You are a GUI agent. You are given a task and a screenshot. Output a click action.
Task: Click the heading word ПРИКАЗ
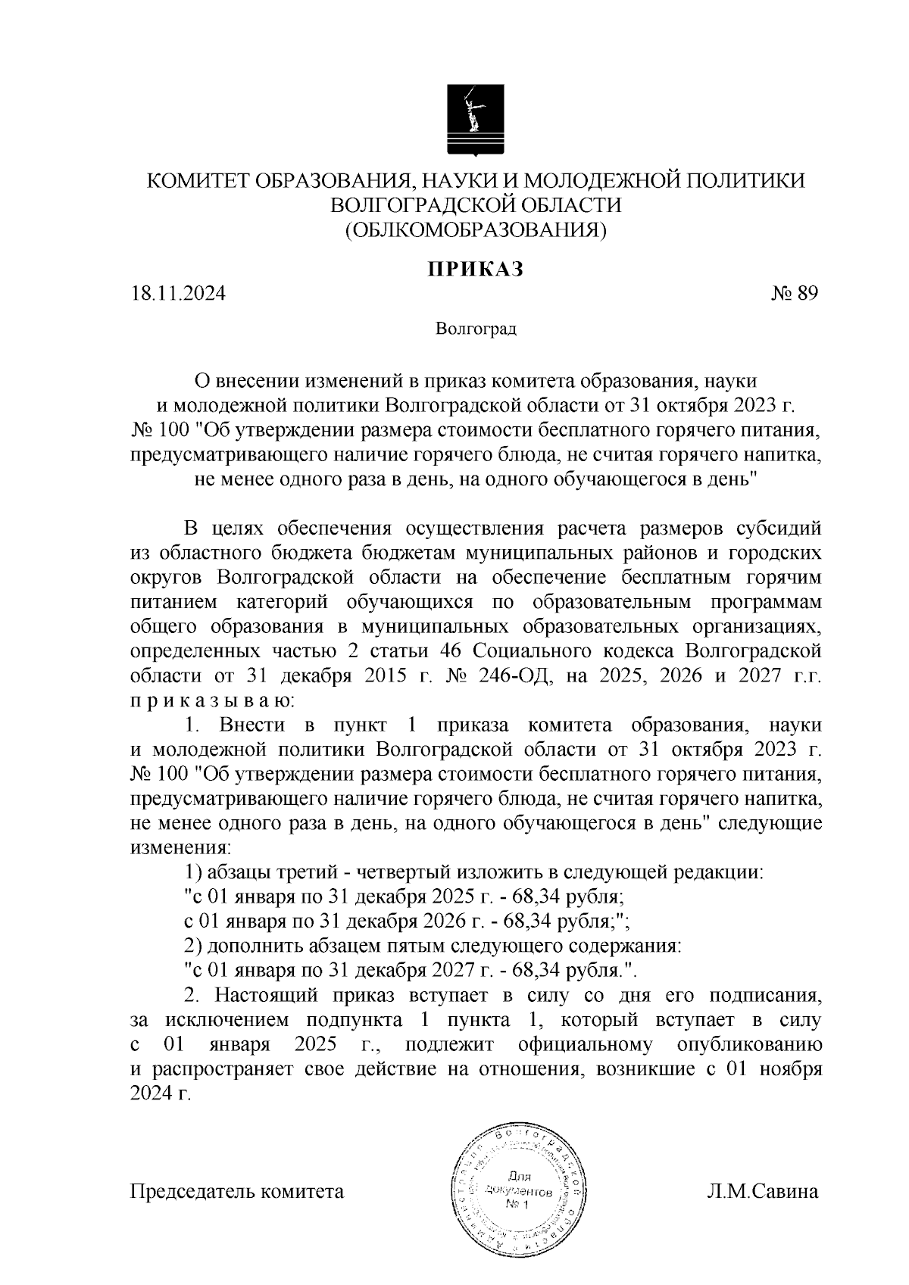click(x=475, y=269)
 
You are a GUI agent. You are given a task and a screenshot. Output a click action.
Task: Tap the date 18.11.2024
click(x=178, y=294)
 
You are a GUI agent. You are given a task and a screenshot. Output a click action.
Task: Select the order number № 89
click(x=794, y=294)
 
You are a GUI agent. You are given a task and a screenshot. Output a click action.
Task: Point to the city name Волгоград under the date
click(x=476, y=329)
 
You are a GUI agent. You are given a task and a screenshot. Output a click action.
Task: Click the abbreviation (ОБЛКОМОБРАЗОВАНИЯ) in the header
click(x=475, y=229)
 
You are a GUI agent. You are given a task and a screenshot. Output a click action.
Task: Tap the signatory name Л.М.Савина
click(x=762, y=1191)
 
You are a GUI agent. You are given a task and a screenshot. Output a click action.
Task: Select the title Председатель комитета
click(x=237, y=1191)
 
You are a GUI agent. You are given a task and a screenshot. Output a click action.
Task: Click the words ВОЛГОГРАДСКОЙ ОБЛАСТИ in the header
click(x=476, y=204)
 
